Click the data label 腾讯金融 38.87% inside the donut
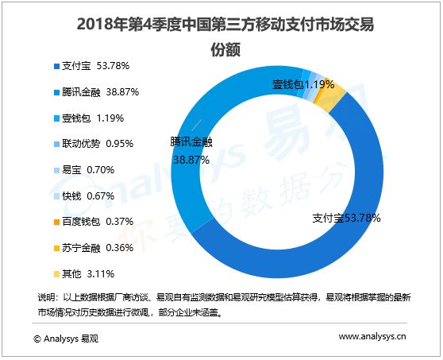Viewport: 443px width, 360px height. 191,151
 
